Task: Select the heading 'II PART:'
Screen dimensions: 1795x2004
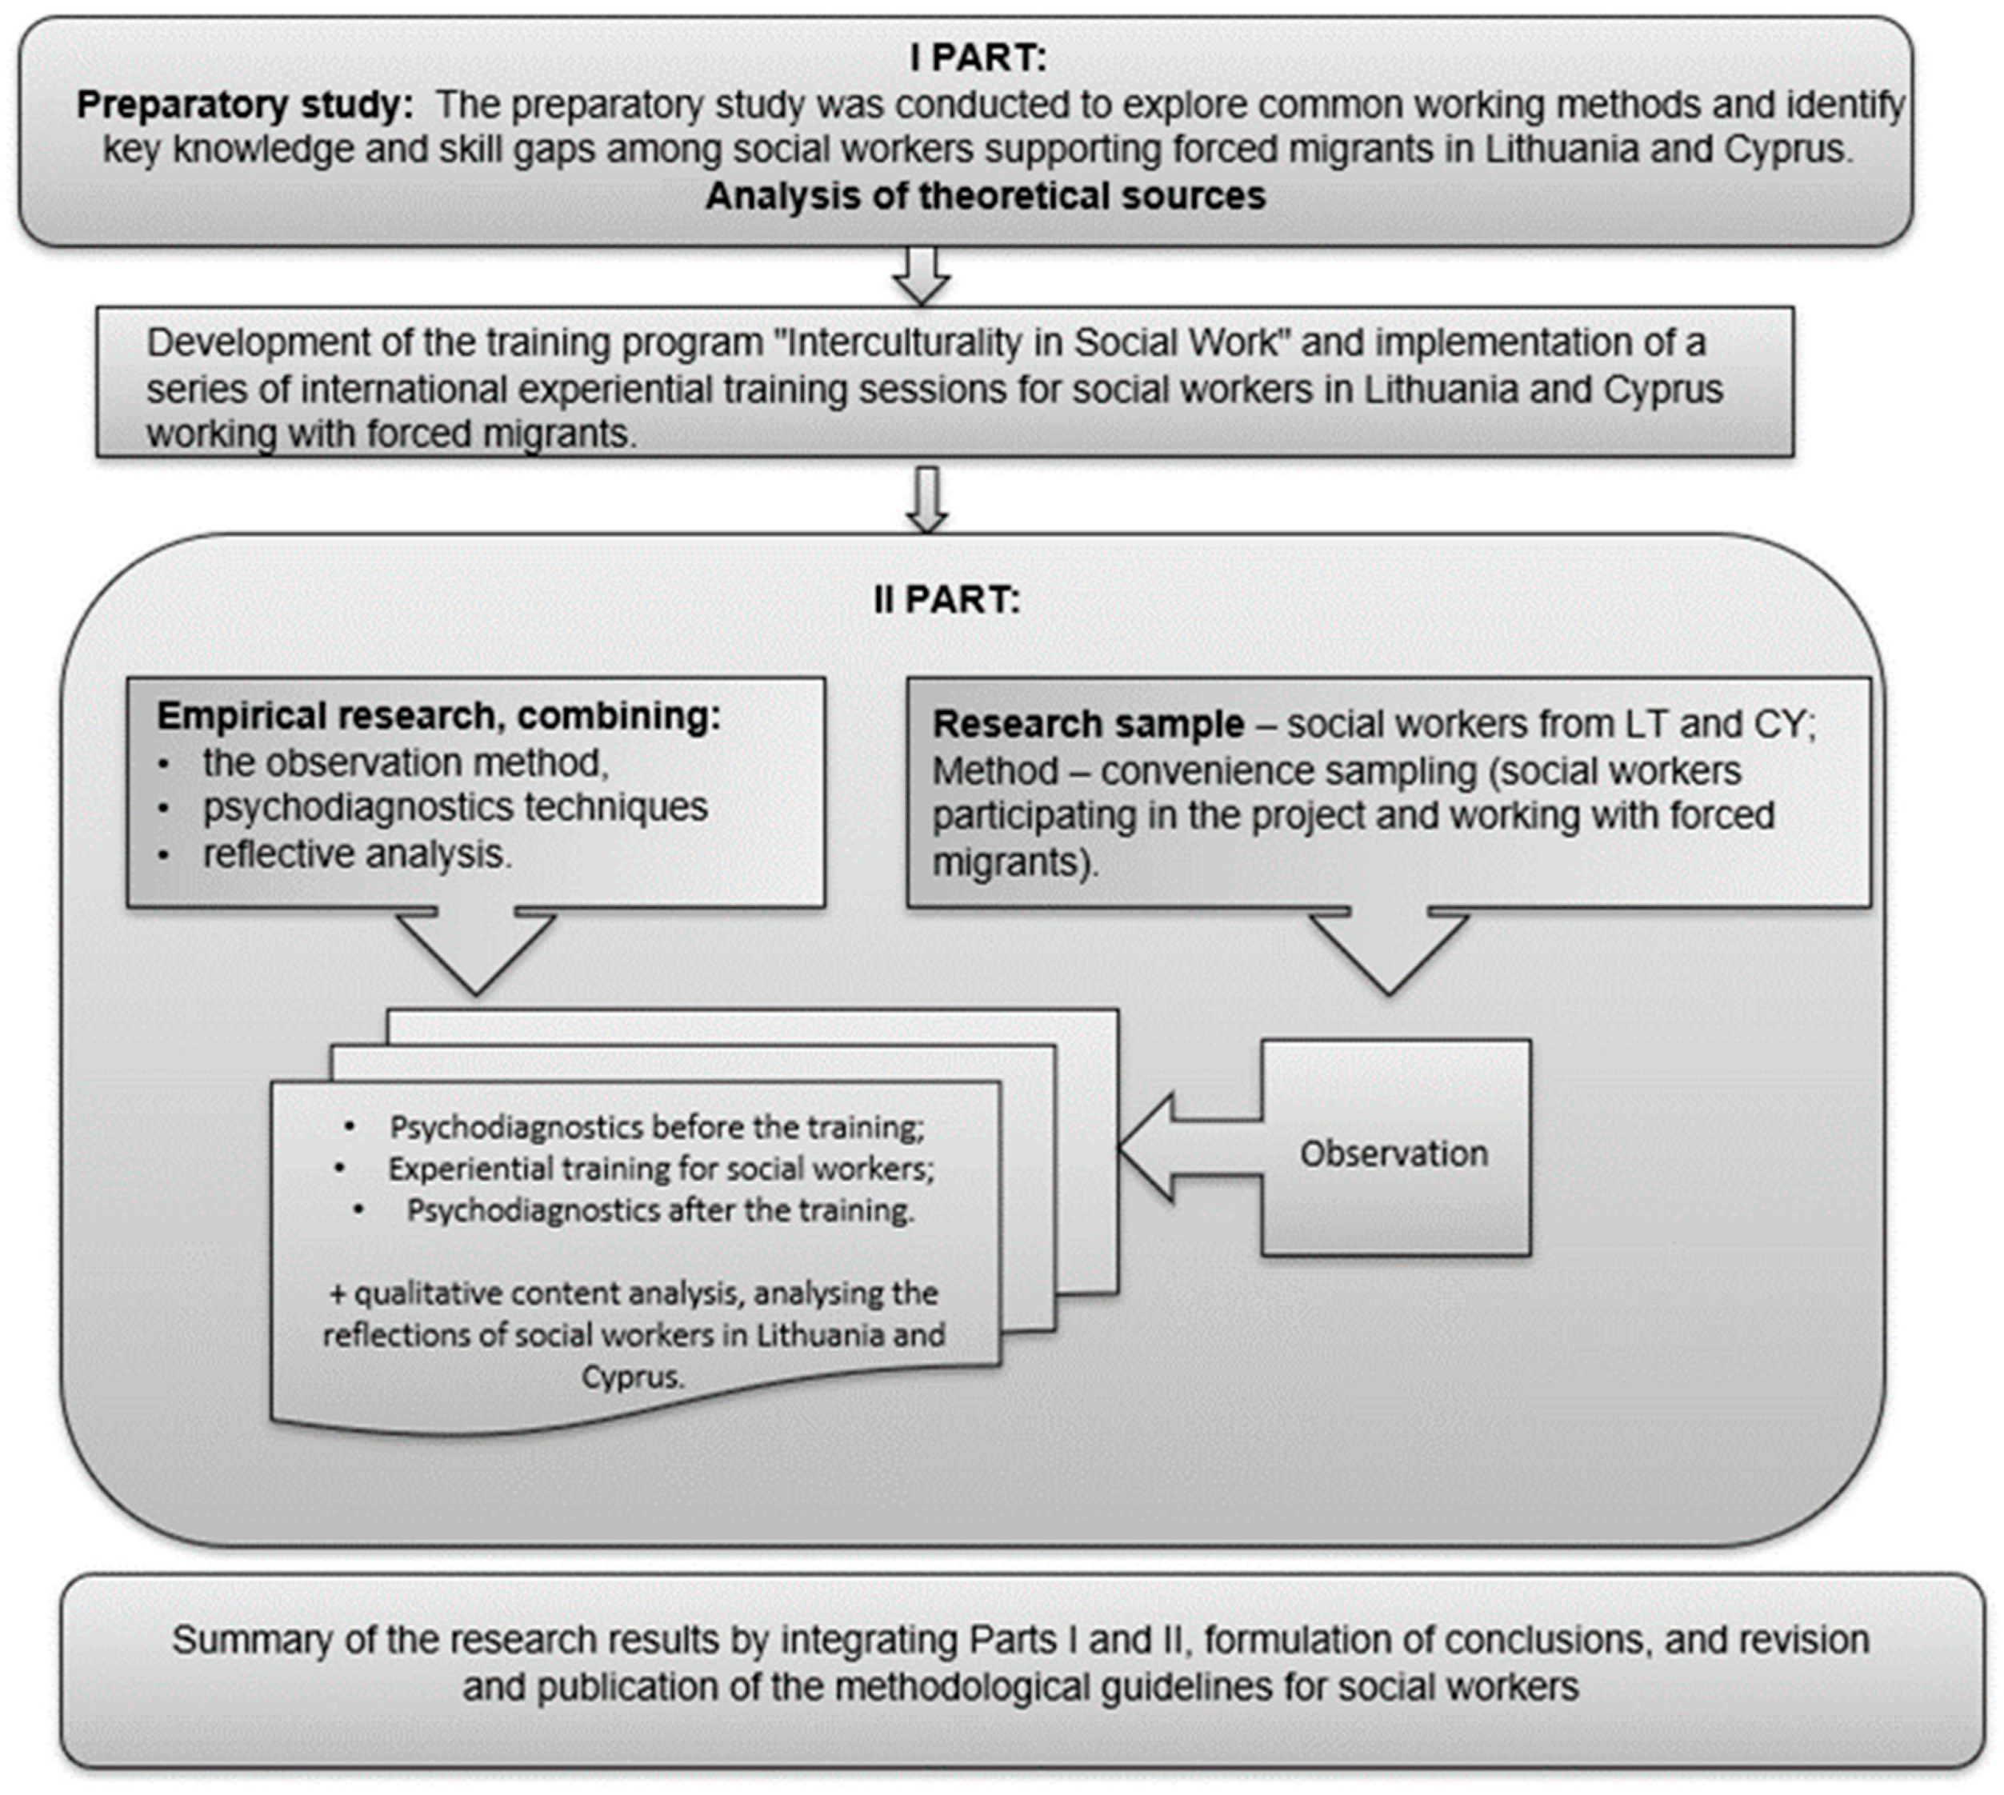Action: pos(946,598)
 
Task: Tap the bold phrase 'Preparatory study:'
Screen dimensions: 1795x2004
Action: pos(245,105)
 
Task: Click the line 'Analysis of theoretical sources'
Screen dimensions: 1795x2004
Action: pos(984,196)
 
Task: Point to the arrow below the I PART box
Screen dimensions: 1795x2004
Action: pos(921,276)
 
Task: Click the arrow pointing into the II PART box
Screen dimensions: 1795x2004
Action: pos(926,498)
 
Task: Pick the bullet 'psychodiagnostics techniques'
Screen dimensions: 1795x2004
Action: pos(454,807)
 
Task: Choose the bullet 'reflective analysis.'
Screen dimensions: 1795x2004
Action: pos(357,854)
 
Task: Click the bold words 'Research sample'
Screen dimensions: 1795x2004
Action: pos(1088,724)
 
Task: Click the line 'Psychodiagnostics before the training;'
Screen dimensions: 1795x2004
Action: pos(656,1126)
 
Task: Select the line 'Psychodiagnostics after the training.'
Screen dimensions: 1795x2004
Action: pos(661,1209)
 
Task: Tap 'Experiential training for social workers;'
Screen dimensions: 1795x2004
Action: pos(661,1168)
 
